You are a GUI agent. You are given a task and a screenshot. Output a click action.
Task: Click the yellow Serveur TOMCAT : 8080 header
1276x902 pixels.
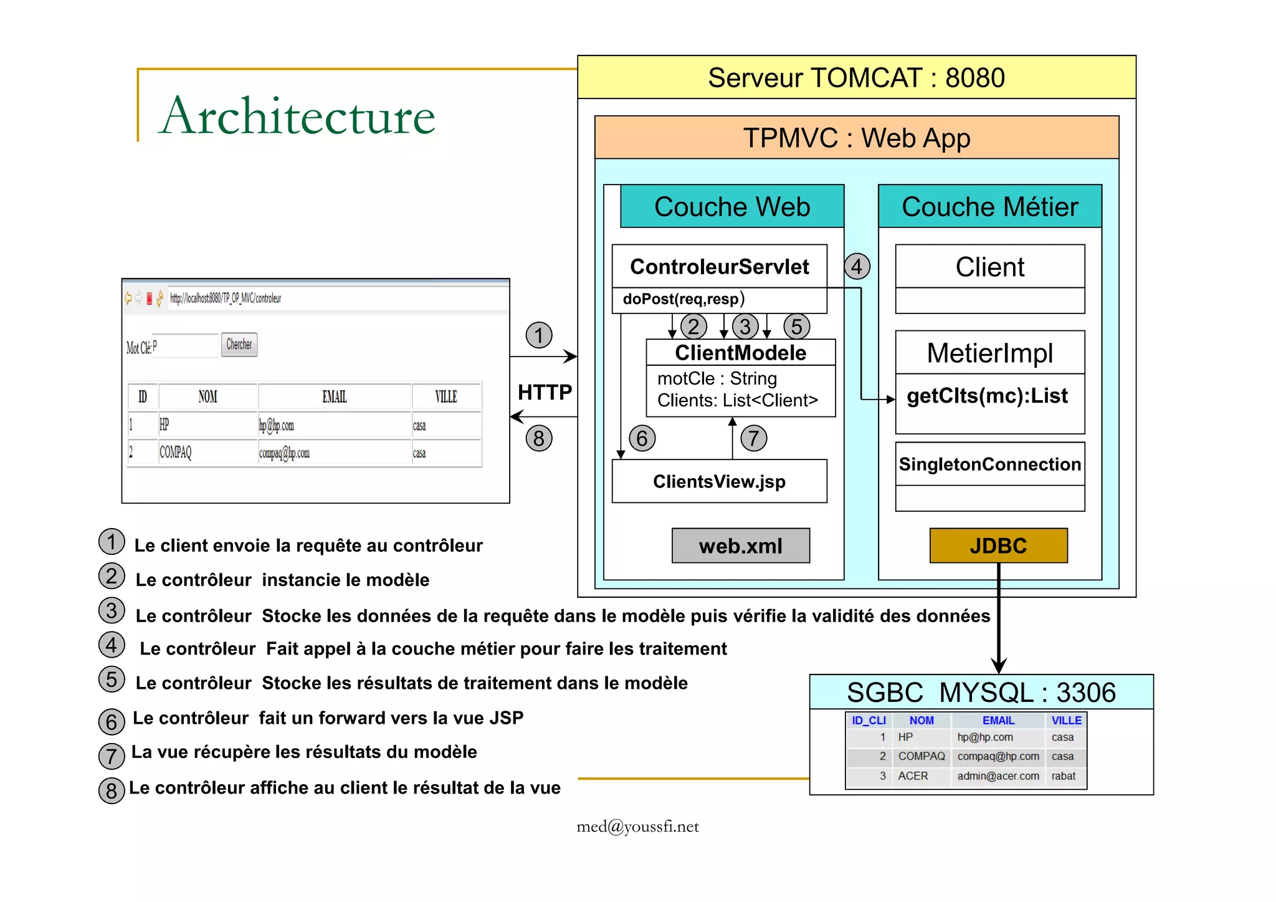(x=856, y=77)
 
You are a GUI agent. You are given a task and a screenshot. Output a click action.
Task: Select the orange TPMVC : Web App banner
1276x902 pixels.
(x=856, y=138)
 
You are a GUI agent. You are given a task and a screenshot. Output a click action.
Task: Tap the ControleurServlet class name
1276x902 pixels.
(x=719, y=267)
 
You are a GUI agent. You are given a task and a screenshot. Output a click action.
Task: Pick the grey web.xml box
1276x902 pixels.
(x=740, y=546)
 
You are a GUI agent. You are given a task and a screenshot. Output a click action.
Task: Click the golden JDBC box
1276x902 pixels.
(x=997, y=546)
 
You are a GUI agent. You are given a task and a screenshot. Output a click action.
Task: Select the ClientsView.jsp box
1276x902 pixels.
(x=719, y=481)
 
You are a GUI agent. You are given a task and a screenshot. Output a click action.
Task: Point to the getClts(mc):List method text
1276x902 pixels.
(x=987, y=396)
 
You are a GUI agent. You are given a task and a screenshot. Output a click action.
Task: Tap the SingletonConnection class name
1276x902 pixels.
(x=989, y=464)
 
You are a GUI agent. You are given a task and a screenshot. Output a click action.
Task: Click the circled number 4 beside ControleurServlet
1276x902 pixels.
(x=857, y=267)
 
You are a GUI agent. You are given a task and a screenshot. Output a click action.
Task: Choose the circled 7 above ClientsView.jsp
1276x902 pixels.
(x=753, y=438)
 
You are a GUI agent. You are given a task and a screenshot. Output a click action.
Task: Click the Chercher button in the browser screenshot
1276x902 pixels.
(x=239, y=344)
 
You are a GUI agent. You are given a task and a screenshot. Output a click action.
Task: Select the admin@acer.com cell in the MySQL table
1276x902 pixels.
(x=997, y=776)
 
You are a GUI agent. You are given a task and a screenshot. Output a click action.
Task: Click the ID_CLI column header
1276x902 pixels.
(x=869, y=721)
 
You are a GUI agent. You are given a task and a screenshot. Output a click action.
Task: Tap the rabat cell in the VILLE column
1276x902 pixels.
(x=1063, y=776)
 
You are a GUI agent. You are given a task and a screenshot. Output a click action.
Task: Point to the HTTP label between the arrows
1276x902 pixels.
(x=545, y=392)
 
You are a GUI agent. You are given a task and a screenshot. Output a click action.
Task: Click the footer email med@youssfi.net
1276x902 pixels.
(x=637, y=827)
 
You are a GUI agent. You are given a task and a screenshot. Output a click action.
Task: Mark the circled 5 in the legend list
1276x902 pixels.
(x=112, y=679)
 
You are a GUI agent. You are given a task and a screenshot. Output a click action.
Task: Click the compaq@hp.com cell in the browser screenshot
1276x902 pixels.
(x=284, y=453)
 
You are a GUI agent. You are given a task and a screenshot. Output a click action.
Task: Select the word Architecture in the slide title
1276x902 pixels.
(x=297, y=117)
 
